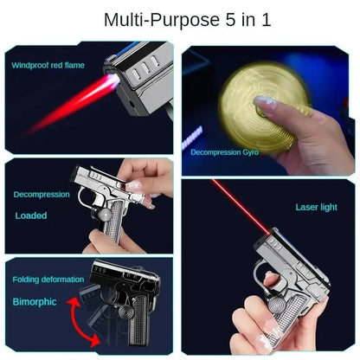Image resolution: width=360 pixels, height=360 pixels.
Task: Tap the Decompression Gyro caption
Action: coord(224,151)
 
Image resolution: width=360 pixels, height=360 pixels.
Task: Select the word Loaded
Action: coord(32,215)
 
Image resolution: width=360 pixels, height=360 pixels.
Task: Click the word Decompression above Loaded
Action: coord(42,195)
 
